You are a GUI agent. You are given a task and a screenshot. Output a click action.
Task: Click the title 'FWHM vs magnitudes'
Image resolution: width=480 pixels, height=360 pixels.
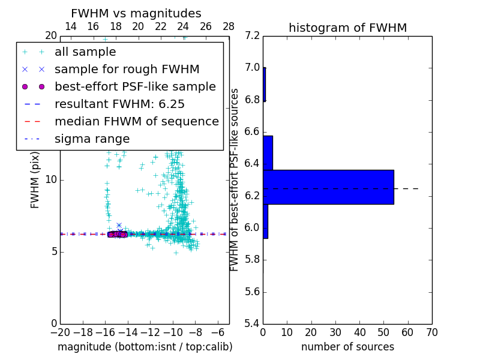[136, 14]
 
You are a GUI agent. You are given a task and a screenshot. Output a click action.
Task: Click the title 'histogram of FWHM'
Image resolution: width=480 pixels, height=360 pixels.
[347, 28]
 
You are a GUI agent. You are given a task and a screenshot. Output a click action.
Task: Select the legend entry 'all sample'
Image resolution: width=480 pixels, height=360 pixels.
[85, 52]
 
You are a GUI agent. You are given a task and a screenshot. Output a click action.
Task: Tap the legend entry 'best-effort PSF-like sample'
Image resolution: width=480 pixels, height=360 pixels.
[135, 86]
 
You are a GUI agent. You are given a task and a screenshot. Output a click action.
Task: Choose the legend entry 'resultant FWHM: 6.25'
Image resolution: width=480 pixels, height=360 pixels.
[119, 104]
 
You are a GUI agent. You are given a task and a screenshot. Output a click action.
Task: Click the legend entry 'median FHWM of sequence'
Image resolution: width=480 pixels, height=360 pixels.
[136, 121]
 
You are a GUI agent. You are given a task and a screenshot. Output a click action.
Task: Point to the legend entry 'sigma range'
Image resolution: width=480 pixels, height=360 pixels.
[92, 139]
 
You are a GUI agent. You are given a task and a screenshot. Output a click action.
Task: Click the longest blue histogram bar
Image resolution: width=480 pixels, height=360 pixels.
[328, 187]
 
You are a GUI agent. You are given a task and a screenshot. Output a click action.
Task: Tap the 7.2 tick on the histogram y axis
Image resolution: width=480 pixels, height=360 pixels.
[253, 36]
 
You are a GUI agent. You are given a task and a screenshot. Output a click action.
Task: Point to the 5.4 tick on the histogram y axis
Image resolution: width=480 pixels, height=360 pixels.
[253, 323]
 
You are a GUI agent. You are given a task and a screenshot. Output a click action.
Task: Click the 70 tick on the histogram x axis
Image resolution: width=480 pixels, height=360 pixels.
[431, 332]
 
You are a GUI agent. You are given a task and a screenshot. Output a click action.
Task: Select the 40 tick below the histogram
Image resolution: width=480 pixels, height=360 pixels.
[359, 332]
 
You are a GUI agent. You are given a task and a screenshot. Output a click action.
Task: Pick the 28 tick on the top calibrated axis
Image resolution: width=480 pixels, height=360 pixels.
[229, 26]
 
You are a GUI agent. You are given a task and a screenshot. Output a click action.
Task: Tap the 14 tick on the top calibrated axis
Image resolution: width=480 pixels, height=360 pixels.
[70, 26]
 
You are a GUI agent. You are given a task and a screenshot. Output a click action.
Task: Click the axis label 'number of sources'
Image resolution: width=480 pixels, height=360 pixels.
[347, 347]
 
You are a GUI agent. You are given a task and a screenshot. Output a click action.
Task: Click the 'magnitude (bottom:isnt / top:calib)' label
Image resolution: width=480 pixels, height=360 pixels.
[145, 347]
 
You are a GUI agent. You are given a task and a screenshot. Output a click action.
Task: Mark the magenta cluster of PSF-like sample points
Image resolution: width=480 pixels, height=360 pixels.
[117, 234]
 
